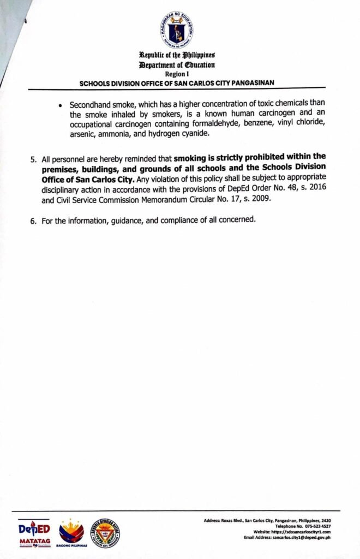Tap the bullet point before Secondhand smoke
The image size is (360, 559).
click(x=60, y=105)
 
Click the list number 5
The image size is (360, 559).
click(x=33, y=160)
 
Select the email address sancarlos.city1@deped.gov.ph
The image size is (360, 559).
click(x=301, y=538)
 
